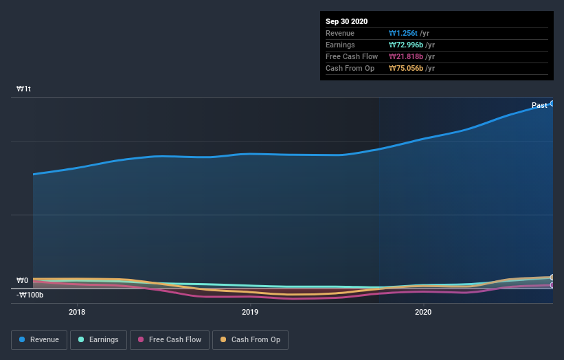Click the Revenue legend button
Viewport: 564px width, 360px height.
tap(39, 339)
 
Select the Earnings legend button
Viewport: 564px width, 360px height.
tap(98, 339)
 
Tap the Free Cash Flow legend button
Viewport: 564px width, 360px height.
tap(169, 339)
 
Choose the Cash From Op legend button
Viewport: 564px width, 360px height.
tap(251, 339)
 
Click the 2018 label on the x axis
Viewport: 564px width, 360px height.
tap(77, 312)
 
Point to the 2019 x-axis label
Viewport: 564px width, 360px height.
tap(250, 312)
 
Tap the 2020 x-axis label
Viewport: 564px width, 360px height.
tap(423, 312)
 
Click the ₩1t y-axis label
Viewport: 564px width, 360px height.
tap(24, 89)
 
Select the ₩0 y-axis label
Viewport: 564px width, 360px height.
tap(23, 280)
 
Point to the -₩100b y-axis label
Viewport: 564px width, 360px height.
tap(30, 295)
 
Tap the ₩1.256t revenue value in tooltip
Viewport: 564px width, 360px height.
tap(404, 33)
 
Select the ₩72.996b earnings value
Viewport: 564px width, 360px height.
tap(406, 45)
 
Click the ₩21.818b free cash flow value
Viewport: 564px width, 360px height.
tap(405, 56)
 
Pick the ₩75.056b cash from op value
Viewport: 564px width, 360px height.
tap(406, 68)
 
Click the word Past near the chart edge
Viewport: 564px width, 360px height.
tap(539, 105)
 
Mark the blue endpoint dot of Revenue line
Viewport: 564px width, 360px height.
tap(552, 103)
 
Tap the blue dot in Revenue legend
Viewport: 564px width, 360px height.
tap(22, 339)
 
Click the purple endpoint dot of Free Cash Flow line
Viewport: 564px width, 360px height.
tap(552, 284)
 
